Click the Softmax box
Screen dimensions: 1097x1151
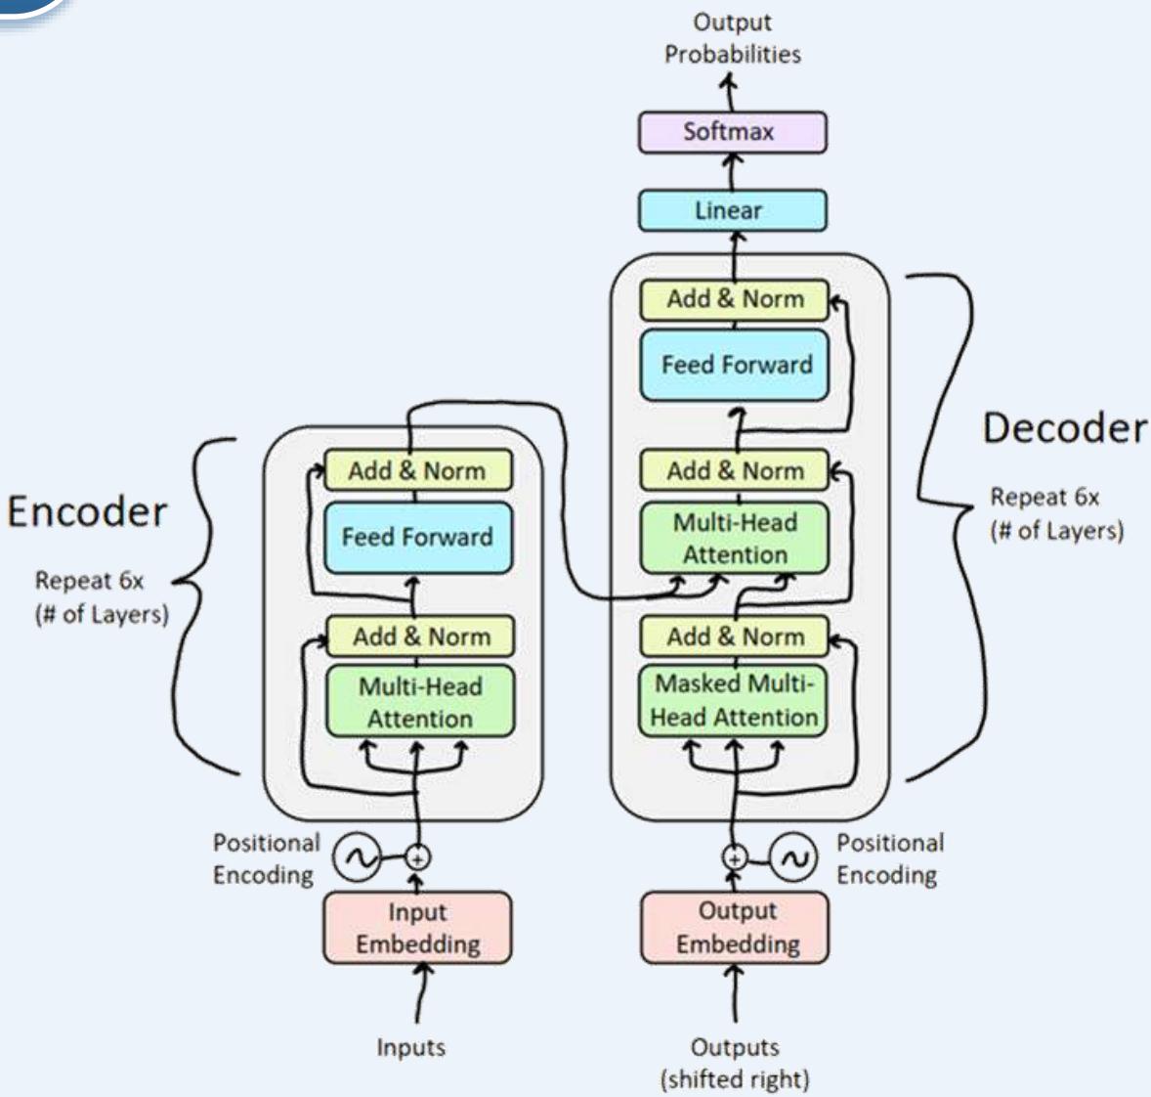[x=732, y=132]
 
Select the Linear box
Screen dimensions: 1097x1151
[x=732, y=210]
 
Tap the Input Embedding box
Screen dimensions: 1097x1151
[x=417, y=928]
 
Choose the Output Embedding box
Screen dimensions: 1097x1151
[x=735, y=927]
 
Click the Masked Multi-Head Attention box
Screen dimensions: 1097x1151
[x=734, y=700]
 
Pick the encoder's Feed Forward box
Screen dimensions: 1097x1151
[x=417, y=537]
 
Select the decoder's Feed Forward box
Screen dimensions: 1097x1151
[x=735, y=365]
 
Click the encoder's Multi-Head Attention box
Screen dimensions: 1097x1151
[x=419, y=702]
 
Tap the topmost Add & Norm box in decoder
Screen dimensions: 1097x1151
[x=735, y=299]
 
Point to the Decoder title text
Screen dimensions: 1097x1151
[x=1064, y=428]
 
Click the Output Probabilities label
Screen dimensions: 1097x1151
[x=732, y=38]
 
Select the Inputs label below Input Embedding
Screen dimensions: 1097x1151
[x=411, y=1047]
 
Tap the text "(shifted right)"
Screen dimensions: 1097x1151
[x=735, y=1079]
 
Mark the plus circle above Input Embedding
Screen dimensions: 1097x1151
[x=417, y=857]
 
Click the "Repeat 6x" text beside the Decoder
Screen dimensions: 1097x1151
[x=1044, y=497]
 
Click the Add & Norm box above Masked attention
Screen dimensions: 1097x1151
[x=735, y=636]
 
